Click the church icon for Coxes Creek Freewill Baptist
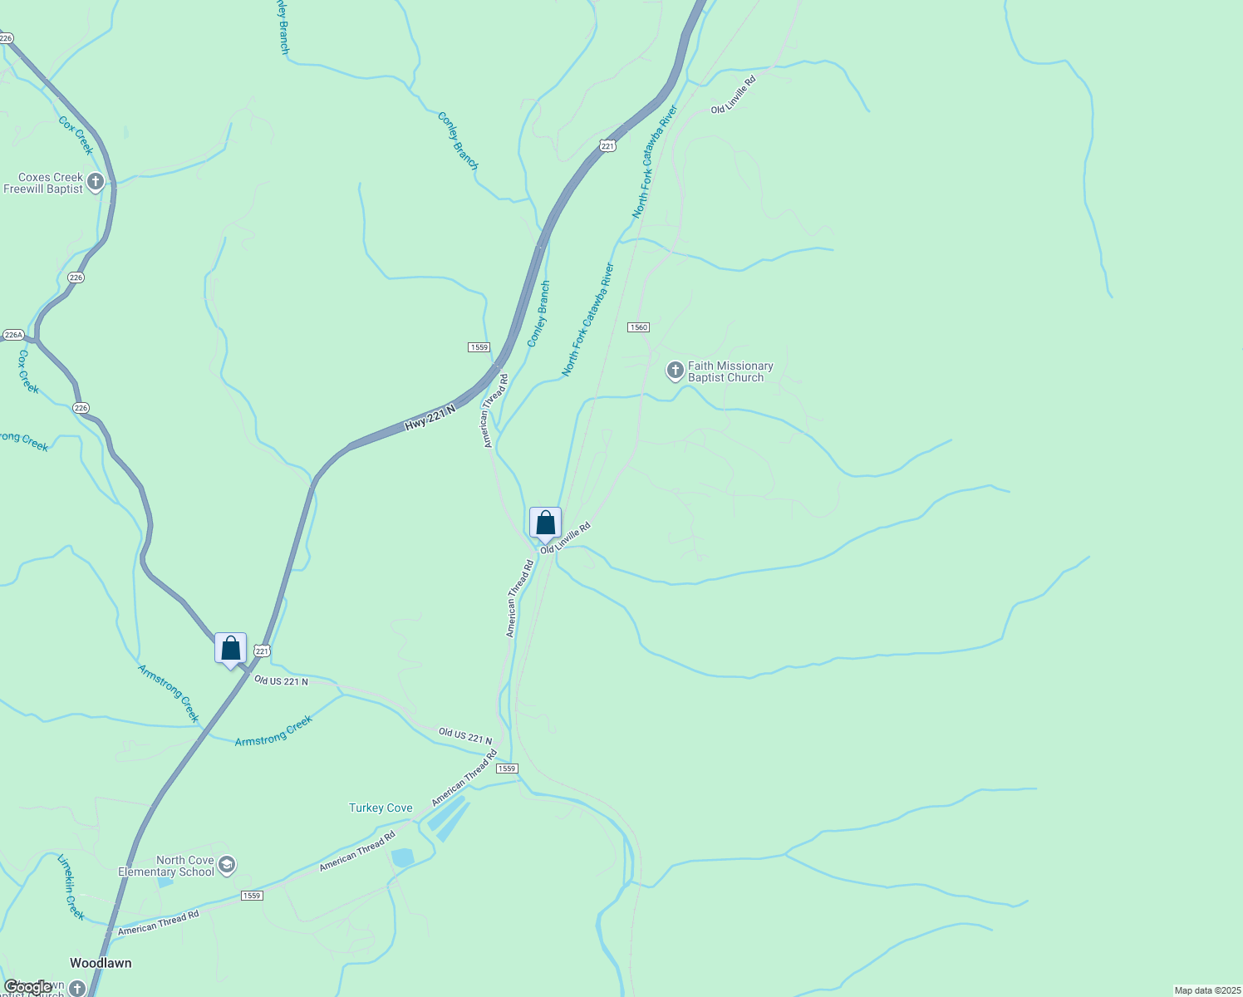(x=96, y=182)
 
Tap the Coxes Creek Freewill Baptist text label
(x=43, y=183)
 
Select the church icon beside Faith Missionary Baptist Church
(x=676, y=370)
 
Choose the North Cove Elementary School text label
(x=166, y=866)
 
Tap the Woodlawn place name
(x=101, y=963)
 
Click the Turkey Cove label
(x=381, y=808)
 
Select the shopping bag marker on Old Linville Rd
(x=545, y=523)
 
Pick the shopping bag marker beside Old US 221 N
(x=230, y=649)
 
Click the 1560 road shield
(x=638, y=327)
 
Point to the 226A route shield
(x=13, y=335)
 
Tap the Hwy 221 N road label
(x=430, y=418)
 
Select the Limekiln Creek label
(x=71, y=886)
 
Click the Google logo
(x=27, y=987)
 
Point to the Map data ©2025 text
(x=1206, y=990)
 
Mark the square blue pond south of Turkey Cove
(x=402, y=857)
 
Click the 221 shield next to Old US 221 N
(x=262, y=651)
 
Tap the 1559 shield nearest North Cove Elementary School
(x=252, y=895)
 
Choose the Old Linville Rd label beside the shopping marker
(x=565, y=538)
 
